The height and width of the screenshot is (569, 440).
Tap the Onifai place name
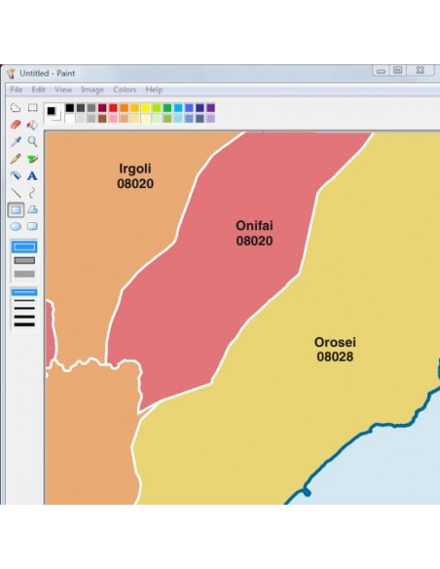pos(254,226)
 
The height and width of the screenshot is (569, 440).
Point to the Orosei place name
pos(334,343)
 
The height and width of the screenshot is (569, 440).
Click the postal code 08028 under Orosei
pos(334,358)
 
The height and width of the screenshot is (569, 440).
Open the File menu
pos(16,90)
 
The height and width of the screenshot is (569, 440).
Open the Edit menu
pos(38,90)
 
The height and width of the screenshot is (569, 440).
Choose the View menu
pos(62,90)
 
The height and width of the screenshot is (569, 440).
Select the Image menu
pos(92,90)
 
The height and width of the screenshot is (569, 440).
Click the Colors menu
pos(125,90)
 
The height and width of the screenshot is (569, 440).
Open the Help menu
pos(154,90)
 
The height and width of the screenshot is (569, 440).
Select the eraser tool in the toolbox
pos(15,125)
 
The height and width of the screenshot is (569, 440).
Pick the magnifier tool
pos(32,141)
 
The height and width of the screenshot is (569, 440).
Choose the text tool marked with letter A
pos(32,175)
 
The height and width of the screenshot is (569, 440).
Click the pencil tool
pos(15,159)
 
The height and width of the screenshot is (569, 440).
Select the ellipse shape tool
pos(15,226)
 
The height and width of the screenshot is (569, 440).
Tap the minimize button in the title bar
pos(381,71)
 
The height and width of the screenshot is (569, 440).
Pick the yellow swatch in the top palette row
pos(146,108)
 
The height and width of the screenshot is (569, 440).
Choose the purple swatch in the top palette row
pos(211,108)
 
